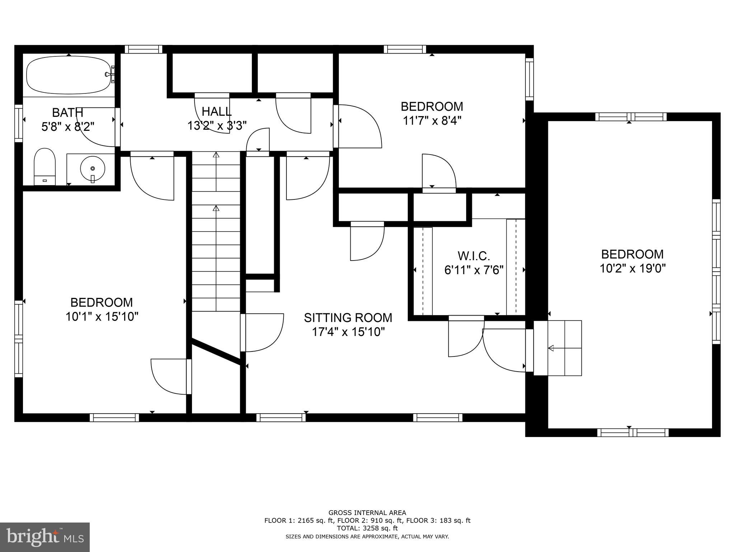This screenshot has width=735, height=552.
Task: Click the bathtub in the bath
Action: click(x=69, y=75)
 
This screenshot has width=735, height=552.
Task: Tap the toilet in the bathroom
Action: click(x=45, y=167)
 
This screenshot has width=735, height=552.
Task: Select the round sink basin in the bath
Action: click(x=93, y=168)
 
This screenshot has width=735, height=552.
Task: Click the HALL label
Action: click(x=216, y=111)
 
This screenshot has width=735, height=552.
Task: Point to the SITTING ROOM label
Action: click(x=348, y=318)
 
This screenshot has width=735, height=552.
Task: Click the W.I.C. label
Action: click(x=474, y=256)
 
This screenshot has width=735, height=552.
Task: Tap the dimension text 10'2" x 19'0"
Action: click(x=633, y=268)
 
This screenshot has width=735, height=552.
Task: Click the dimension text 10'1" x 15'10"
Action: click(x=102, y=317)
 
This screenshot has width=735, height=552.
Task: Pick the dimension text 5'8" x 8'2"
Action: click(x=68, y=126)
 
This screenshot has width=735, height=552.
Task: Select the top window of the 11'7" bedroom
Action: click(x=405, y=49)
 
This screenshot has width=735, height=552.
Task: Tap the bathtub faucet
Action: click(x=110, y=74)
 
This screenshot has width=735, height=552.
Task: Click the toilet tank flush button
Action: click(x=45, y=180)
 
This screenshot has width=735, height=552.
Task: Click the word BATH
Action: click(x=67, y=112)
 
